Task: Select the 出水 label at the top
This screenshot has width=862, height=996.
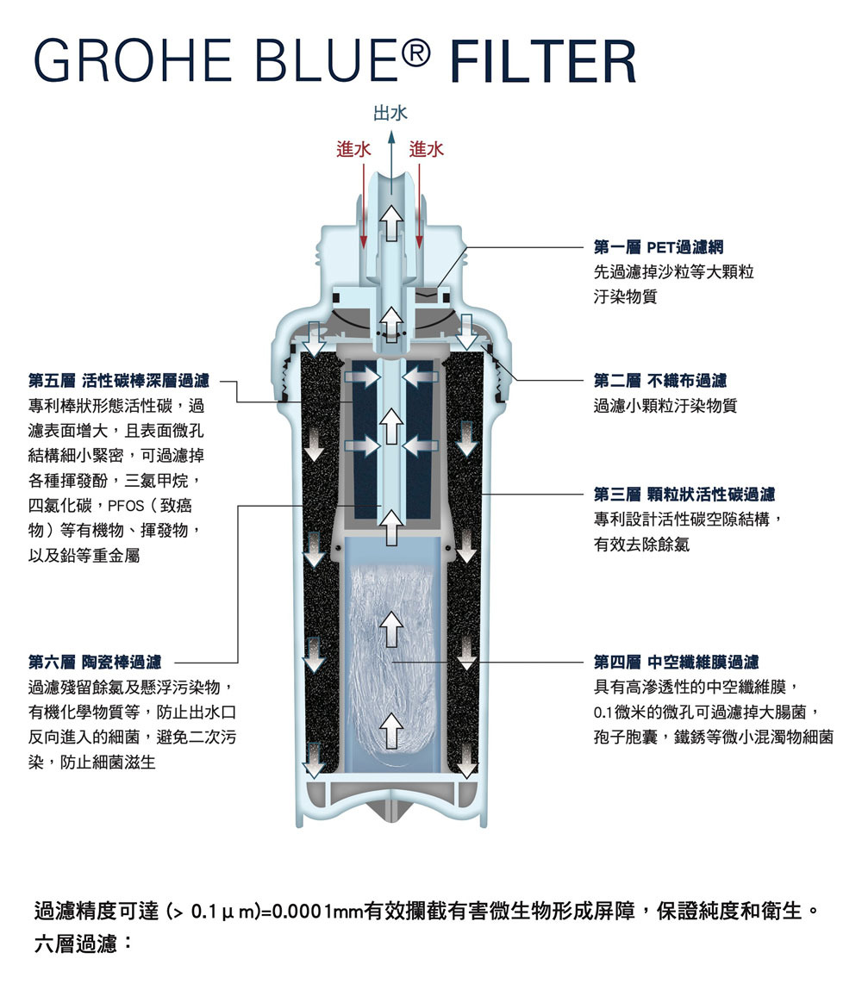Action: pos(390,113)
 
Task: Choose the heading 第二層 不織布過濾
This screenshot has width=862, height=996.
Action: pos(659,380)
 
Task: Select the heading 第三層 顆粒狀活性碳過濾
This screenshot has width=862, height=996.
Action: pos(684,495)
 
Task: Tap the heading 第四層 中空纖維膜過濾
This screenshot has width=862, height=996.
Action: pos(676,662)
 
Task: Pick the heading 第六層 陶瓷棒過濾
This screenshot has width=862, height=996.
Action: pos(94,662)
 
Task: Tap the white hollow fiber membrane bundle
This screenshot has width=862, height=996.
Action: pos(392,663)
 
